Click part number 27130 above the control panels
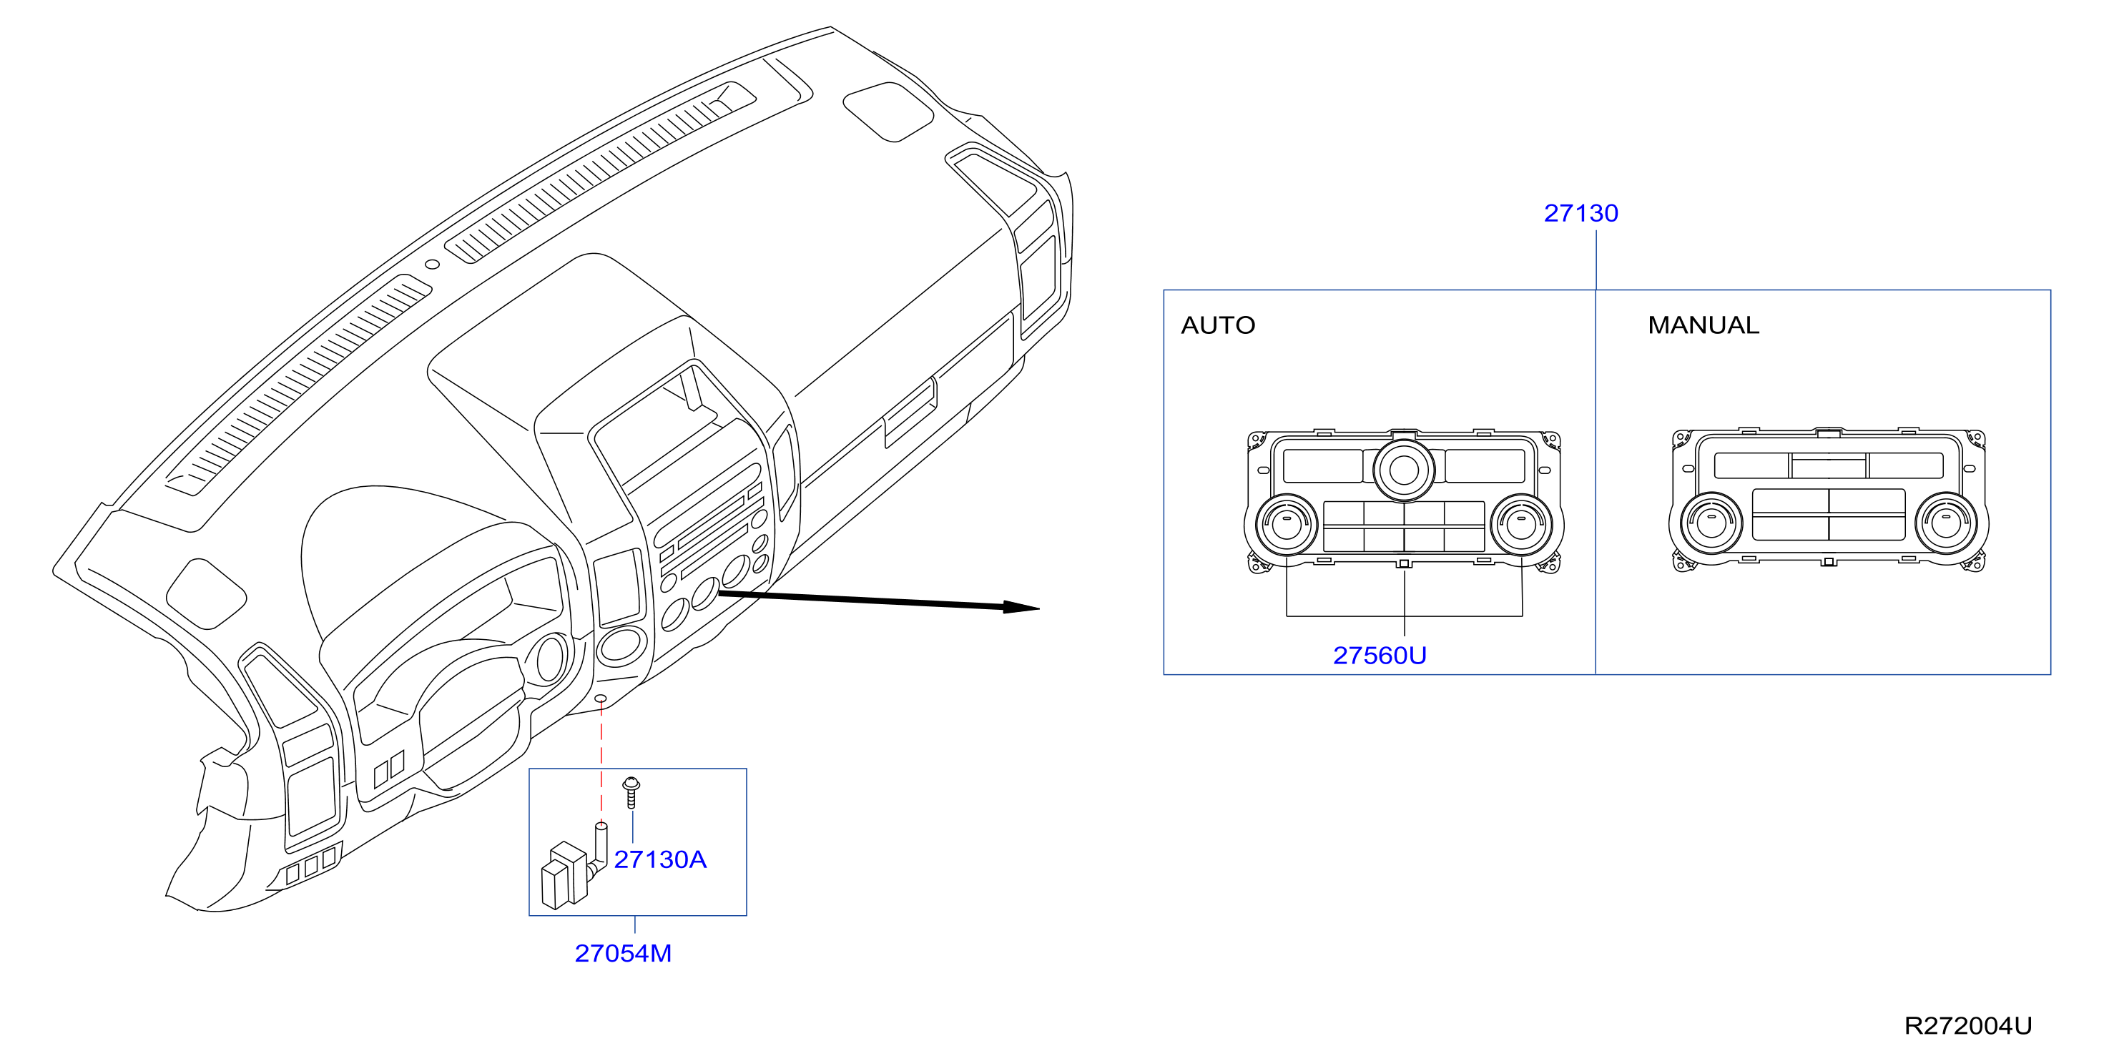click(x=1580, y=213)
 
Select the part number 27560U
click(x=1380, y=656)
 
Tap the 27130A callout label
click(x=660, y=859)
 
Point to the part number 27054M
click(x=623, y=953)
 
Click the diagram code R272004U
click(x=1968, y=1026)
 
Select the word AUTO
click(x=1218, y=326)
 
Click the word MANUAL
click(x=1704, y=326)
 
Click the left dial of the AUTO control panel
click(x=1286, y=524)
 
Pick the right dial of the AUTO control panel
click(x=1520, y=524)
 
